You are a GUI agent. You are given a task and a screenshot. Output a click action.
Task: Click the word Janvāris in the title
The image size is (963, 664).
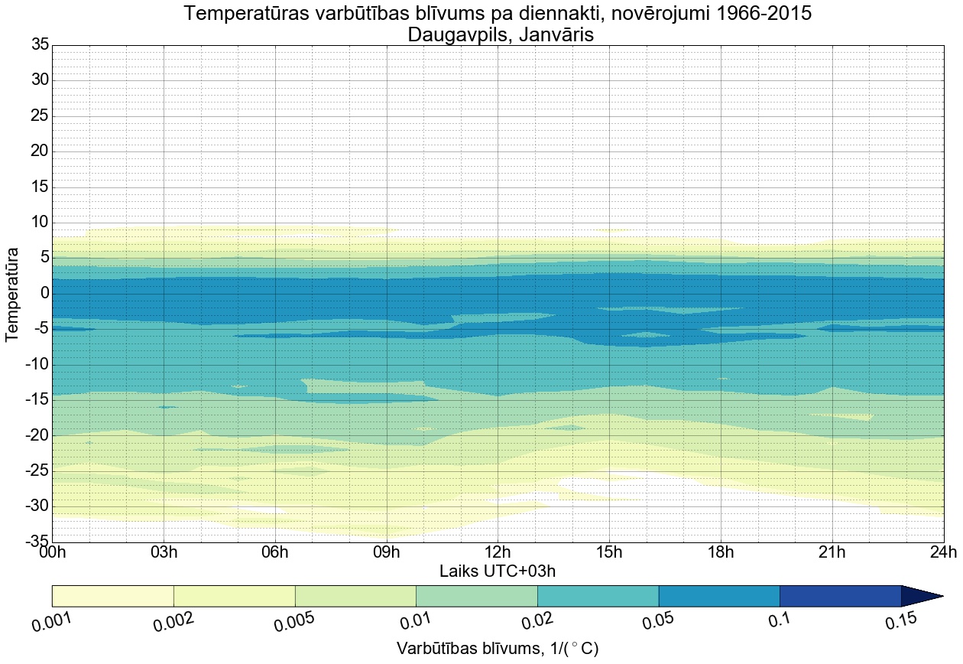[556, 35]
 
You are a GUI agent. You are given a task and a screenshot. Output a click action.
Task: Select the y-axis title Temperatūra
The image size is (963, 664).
[12, 294]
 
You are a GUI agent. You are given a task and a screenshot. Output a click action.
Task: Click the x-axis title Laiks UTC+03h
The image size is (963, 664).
[498, 571]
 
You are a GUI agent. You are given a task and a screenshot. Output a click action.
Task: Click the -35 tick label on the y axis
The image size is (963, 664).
[37, 542]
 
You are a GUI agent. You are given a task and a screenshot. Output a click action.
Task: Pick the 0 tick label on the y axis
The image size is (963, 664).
[44, 293]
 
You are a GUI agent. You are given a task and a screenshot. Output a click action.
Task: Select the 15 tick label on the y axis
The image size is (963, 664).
[40, 187]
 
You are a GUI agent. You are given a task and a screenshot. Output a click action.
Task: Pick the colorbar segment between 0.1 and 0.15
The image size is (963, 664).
[840, 596]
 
